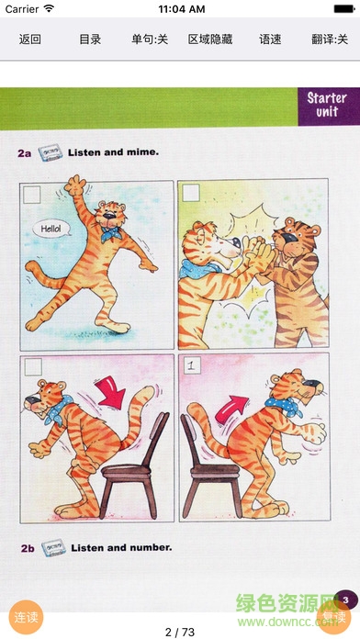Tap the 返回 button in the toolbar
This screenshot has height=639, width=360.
29,39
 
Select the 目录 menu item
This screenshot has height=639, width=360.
90,39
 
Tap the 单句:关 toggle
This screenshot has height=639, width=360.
150,39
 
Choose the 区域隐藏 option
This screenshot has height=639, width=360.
210,39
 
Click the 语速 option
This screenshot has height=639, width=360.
270,39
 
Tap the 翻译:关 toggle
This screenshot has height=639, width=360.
330,39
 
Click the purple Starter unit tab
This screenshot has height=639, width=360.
329,106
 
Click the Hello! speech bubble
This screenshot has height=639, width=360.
51,229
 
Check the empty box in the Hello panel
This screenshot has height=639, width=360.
32,195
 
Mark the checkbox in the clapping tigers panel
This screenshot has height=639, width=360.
191,193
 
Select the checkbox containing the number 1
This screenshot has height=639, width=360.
191,364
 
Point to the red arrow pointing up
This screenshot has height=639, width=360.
231,409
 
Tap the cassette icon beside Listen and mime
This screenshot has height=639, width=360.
51,153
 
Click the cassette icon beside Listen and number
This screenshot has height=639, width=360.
53,548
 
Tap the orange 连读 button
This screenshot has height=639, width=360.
26,617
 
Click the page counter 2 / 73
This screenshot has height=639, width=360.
180,632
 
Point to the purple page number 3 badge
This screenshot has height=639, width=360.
346,600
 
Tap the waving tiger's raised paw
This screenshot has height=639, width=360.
74,185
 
